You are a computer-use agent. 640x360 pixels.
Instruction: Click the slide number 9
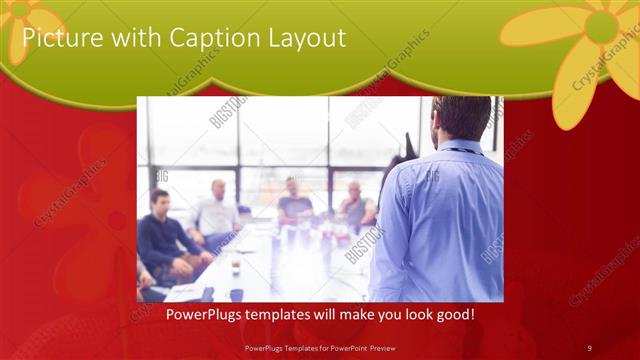(x=589, y=347)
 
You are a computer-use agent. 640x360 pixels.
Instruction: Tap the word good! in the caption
(x=454, y=315)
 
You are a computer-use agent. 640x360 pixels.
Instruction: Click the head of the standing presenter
(x=461, y=118)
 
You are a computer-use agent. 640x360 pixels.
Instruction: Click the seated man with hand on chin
(x=355, y=205)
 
